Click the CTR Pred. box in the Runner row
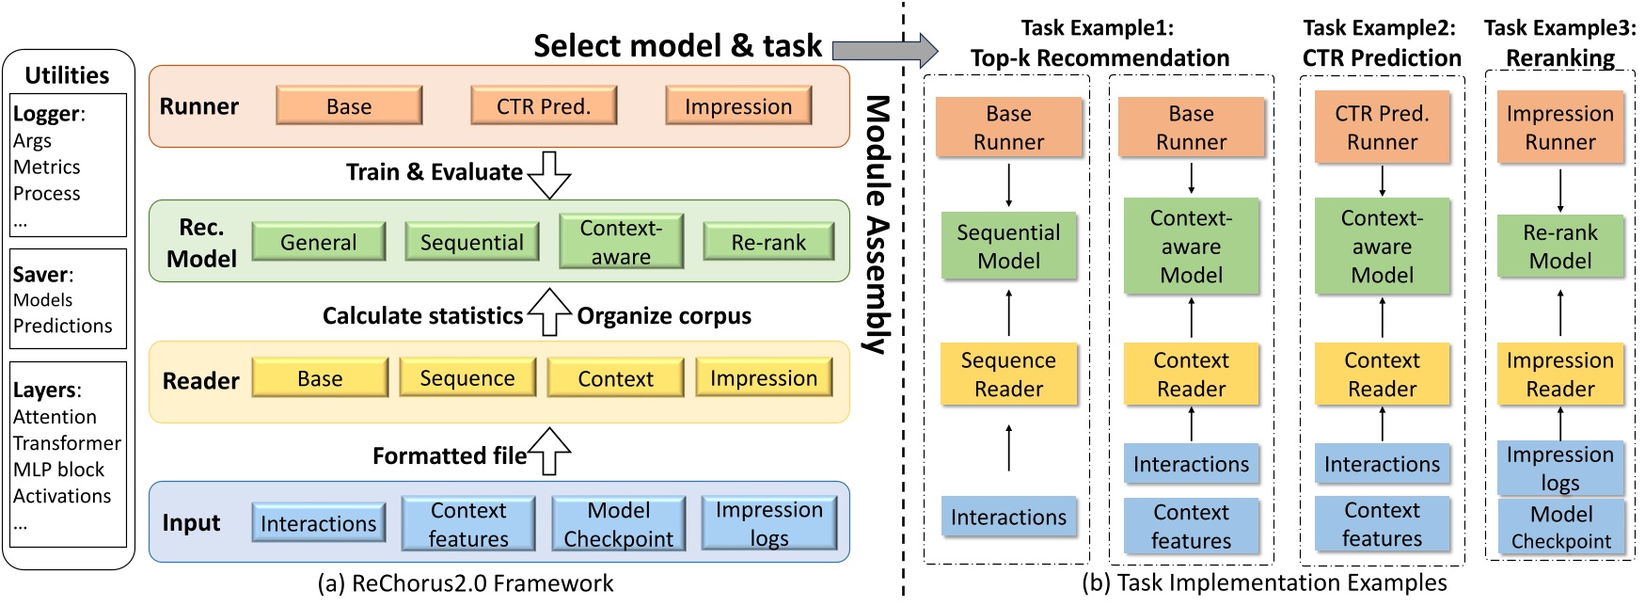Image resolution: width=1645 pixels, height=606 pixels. click(x=544, y=106)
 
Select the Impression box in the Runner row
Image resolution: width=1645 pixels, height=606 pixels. click(x=738, y=106)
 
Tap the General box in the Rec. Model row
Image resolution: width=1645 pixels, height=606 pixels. click(x=319, y=242)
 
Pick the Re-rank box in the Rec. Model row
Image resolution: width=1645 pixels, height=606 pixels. click(x=768, y=242)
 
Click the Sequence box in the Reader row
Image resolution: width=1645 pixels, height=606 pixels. click(x=467, y=378)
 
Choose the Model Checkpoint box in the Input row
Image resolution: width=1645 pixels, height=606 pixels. click(x=618, y=524)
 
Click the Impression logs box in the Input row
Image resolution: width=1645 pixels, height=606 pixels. click(x=768, y=524)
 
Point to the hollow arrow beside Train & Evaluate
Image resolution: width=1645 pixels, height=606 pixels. click(x=549, y=174)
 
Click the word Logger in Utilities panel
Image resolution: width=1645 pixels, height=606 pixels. click(x=46, y=114)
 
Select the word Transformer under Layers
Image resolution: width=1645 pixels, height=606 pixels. click(x=67, y=443)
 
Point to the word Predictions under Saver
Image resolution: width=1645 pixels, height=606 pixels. click(x=62, y=326)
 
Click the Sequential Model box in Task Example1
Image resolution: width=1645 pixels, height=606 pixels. click(x=1008, y=247)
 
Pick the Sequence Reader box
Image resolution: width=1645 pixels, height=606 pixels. click(x=1008, y=375)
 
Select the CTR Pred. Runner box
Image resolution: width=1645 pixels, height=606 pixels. click(x=1382, y=128)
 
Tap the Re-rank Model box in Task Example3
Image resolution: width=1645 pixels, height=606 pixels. click(x=1560, y=247)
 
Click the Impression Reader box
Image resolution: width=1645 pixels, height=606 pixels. click(x=1560, y=375)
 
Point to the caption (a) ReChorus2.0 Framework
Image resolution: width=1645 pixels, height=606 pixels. click(x=466, y=583)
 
